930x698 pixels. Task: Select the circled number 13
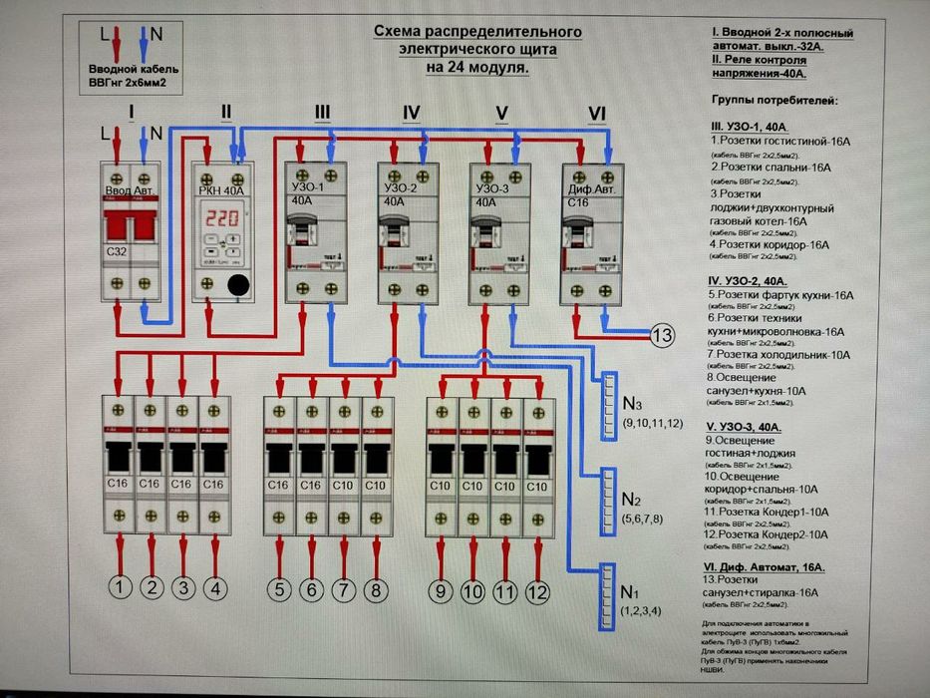pos(663,336)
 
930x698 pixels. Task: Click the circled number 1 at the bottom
pos(120,589)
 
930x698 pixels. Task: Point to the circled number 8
pos(375,591)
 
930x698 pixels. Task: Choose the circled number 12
pos(537,593)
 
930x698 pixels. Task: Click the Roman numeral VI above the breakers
pos(597,114)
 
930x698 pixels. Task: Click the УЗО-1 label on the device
pos(306,187)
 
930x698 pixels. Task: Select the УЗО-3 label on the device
pos(492,187)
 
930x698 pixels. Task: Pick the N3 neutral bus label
pos(631,405)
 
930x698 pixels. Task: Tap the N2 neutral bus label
pos(630,499)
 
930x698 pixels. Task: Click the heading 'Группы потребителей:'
pos(775,101)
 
